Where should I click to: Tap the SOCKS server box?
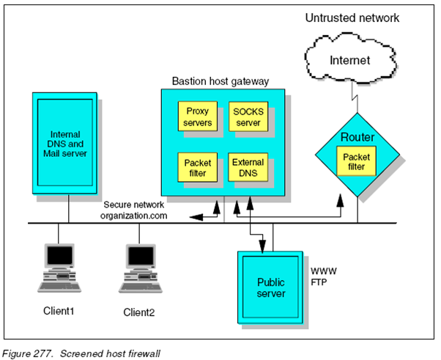point(248,117)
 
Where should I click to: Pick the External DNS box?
point(248,167)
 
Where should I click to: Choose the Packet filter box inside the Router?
point(357,161)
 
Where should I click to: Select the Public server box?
point(270,288)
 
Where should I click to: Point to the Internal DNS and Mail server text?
point(66,143)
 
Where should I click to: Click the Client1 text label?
point(59,312)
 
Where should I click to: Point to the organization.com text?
point(135,216)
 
